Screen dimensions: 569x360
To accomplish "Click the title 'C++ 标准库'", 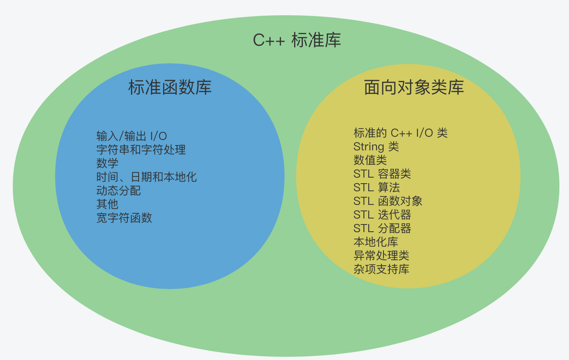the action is (x=297, y=40).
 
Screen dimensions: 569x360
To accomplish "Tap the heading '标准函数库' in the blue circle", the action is (x=170, y=87).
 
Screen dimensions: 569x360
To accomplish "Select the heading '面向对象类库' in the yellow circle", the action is (x=414, y=87).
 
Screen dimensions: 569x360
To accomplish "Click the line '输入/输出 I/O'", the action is (x=131, y=136).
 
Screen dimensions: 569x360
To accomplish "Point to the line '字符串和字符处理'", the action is (x=141, y=150).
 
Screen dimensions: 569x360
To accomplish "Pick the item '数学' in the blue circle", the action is (x=107, y=164).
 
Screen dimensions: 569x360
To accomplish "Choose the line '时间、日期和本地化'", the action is (x=147, y=177).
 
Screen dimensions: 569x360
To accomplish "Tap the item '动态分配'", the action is (x=119, y=191).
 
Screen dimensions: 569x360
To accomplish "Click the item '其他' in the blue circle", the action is (x=107, y=204).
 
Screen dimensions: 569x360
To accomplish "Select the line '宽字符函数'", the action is (x=124, y=218).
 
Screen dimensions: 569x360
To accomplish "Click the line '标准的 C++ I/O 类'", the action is (x=401, y=133).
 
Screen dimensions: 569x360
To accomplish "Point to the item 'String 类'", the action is (x=376, y=147).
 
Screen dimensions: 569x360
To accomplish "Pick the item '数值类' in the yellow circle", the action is (x=370, y=160).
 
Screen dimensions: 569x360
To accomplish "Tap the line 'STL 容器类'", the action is (x=382, y=174).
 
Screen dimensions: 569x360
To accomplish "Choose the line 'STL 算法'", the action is (x=377, y=188).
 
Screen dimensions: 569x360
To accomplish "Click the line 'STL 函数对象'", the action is (x=388, y=201).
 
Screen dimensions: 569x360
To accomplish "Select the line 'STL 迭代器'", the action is (x=382, y=215).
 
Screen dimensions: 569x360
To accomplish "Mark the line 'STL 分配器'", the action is (x=382, y=229).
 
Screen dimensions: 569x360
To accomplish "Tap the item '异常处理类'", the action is (x=381, y=256).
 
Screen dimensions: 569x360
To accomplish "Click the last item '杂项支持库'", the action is (x=381, y=269).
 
